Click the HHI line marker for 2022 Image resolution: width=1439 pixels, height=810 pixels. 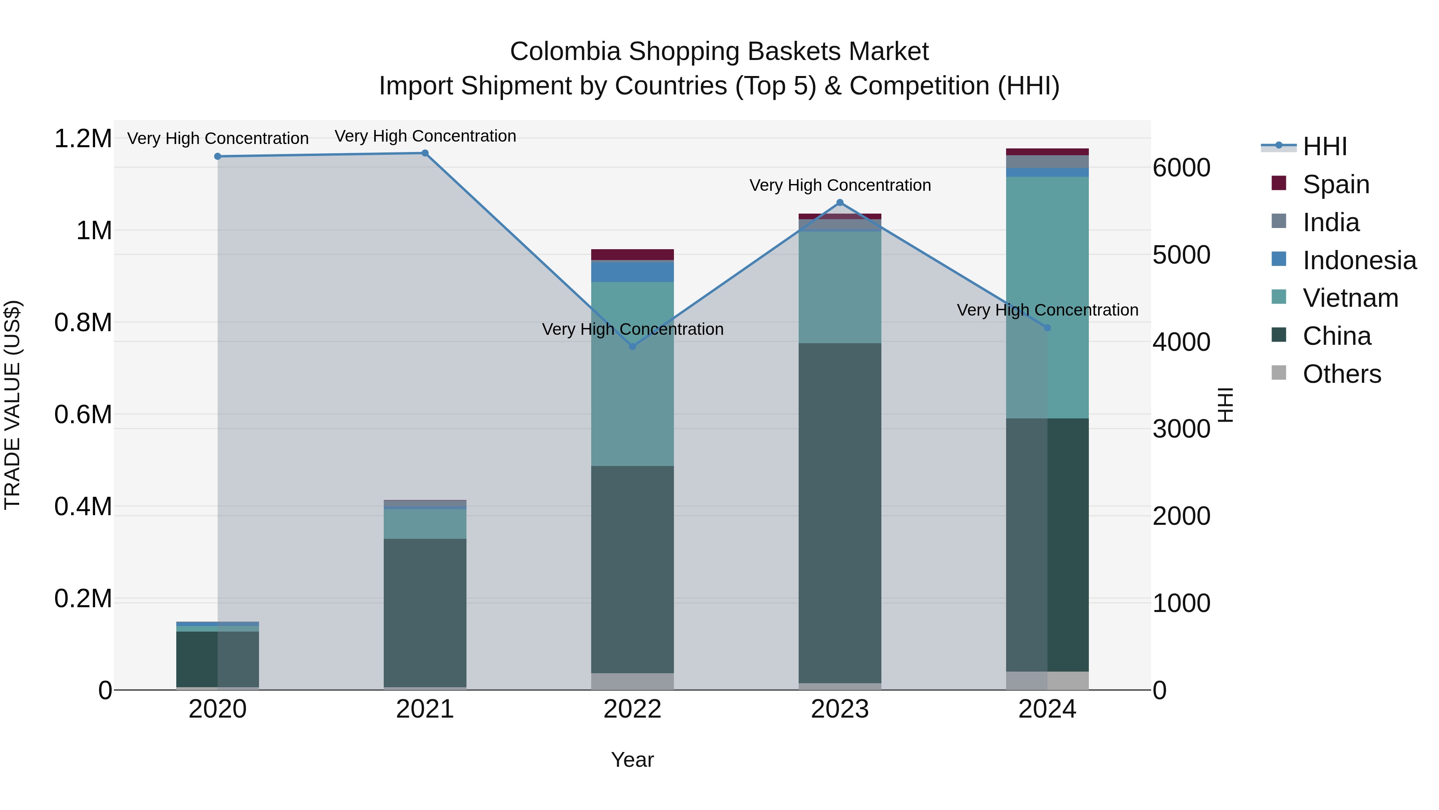[632, 346]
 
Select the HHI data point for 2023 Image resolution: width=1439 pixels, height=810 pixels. [839, 203]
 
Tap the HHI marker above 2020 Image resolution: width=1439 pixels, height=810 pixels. [218, 156]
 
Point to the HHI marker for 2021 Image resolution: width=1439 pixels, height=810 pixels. [425, 153]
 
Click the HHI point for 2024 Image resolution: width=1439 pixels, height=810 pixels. [1047, 328]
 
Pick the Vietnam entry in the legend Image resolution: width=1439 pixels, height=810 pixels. [1350, 298]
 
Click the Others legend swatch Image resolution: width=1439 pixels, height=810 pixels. [1279, 373]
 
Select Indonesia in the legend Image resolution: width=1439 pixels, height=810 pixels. [1359, 260]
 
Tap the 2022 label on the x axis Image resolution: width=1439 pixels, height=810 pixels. [632, 709]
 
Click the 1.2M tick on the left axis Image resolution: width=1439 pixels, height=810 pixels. [83, 139]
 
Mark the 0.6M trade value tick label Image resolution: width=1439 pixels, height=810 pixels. [83, 415]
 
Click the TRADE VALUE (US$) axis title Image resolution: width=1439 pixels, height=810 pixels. [12, 405]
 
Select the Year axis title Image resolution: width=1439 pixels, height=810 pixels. [632, 760]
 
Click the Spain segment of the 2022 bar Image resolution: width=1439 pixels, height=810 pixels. [632, 254]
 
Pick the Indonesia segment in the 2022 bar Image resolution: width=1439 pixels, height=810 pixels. [632, 272]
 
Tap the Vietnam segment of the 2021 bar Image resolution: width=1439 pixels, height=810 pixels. [425, 524]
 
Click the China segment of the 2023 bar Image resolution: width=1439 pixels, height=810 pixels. [839, 513]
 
